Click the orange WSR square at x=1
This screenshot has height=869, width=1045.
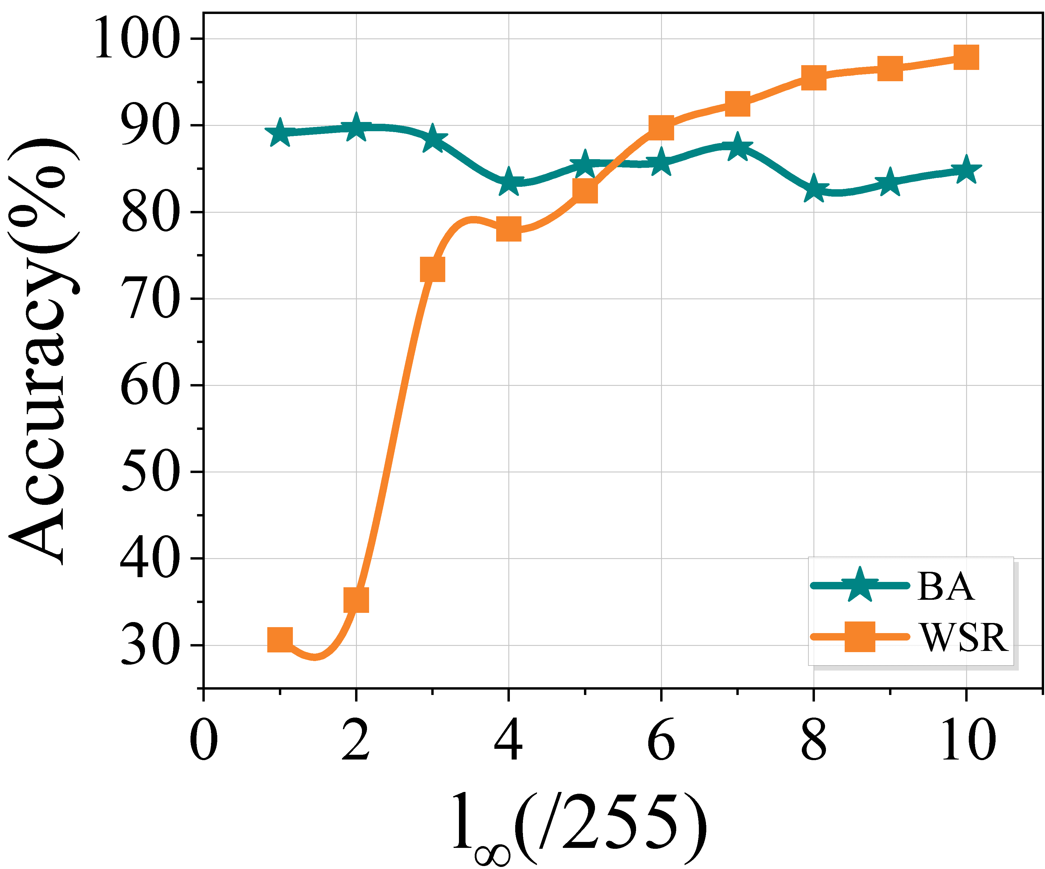[x=280, y=639]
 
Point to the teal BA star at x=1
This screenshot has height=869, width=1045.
[x=280, y=133]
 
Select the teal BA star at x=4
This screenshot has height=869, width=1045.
[x=509, y=182]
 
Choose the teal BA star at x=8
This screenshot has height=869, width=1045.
[x=814, y=189]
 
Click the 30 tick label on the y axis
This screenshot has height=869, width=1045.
[x=149, y=645]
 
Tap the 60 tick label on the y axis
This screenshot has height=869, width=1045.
[x=149, y=386]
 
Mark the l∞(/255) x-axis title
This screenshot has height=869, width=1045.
[x=580, y=828]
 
